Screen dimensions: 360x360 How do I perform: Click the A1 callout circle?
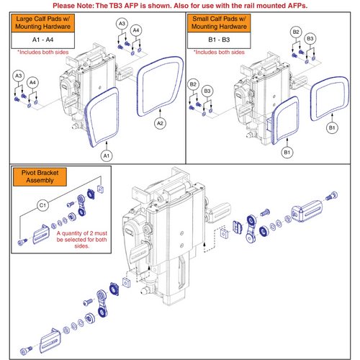(x=107, y=156)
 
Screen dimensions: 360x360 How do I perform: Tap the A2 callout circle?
(x=160, y=123)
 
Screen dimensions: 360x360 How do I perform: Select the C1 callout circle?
(x=42, y=205)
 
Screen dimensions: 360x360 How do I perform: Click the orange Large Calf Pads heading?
(x=43, y=23)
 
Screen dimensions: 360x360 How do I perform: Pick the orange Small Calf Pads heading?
(x=219, y=23)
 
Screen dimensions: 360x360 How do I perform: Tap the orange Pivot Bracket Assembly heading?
(x=40, y=176)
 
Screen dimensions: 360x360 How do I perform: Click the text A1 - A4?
(x=43, y=40)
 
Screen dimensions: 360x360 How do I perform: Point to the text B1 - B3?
(x=219, y=40)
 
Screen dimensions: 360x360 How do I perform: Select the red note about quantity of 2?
(x=82, y=240)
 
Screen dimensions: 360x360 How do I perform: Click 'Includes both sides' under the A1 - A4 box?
(x=43, y=52)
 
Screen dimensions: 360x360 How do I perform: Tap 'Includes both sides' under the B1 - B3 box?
(x=219, y=52)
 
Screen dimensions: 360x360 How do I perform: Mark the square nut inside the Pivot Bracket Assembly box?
(x=100, y=189)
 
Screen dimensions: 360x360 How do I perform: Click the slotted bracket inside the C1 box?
(x=41, y=235)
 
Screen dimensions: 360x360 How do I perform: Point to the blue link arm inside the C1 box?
(x=81, y=204)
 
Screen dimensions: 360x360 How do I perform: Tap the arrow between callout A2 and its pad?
(x=160, y=113)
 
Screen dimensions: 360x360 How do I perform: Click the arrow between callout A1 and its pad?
(x=107, y=145)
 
